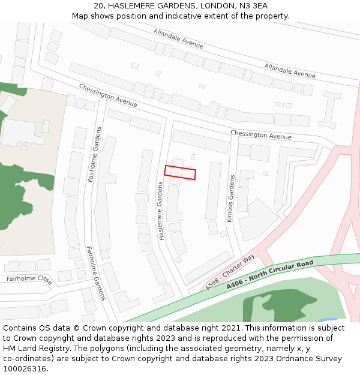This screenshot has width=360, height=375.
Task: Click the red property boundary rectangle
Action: (x=180, y=172)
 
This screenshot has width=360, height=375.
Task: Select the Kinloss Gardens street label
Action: (x=230, y=199)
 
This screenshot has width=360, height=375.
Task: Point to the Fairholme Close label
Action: (x=29, y=279)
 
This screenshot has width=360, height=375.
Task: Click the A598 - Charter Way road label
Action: (x=230, y=272)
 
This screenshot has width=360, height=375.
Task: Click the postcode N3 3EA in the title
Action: (x=253, y=6)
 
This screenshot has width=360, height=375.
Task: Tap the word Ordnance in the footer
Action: (x=272, y=358)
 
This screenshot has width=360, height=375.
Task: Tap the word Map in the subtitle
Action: (x=80, y=16)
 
